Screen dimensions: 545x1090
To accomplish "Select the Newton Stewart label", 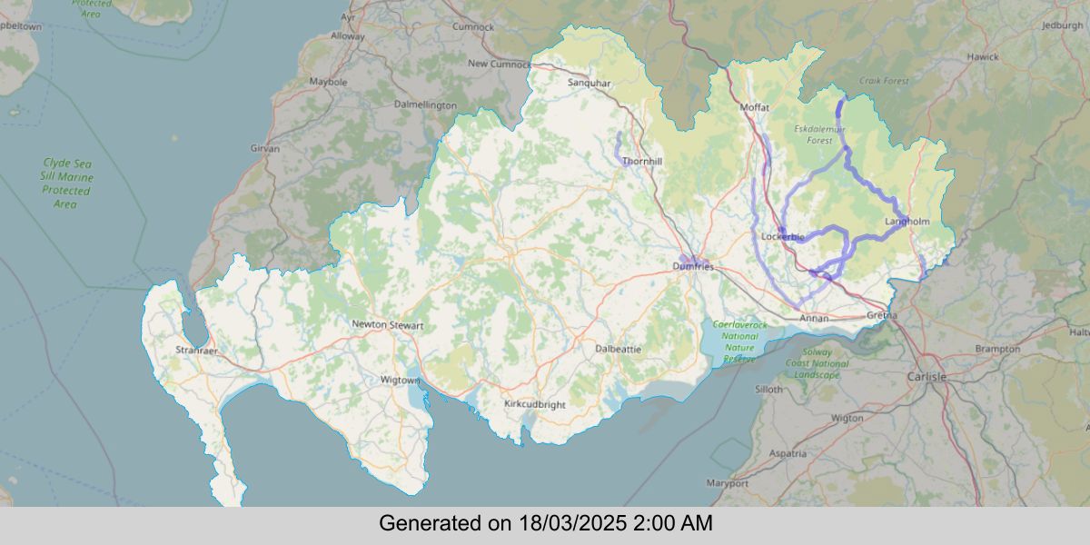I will click(x=388, y=324).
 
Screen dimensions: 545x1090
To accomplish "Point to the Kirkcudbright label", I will click(x=534, y=403).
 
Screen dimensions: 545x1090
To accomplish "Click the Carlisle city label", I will click(x=926, y=376).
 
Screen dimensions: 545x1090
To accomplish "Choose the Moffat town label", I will click(x=755, y=107).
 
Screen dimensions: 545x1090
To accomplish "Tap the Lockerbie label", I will click(x=782, y=237).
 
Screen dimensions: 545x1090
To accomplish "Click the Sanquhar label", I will click(x=590, y=83).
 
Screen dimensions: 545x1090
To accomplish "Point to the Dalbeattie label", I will click(x=618, y=348).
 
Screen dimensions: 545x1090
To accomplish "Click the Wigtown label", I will click(x=399, y=379).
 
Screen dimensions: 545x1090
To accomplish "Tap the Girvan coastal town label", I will click(x=265, y=147).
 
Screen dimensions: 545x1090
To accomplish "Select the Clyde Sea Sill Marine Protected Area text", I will click(x=68, y=183).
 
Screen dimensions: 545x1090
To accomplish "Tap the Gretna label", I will click(x=882, y=315).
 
